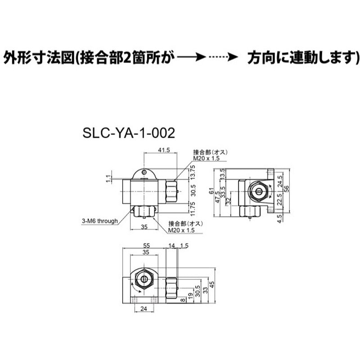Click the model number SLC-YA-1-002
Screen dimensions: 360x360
coord(128,133)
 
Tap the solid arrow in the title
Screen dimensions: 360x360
coord(191,58)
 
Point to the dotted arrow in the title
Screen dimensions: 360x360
coord(222,58)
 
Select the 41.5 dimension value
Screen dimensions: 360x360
coord(163,151)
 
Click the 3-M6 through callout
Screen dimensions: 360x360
coord(99,220)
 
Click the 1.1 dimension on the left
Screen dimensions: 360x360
coord(108,179)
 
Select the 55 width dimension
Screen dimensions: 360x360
coord(146,246)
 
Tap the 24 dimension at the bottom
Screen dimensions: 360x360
coord(144,309)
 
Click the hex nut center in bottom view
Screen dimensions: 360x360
coord(144,279)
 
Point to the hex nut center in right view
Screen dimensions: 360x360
coord(258,191)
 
